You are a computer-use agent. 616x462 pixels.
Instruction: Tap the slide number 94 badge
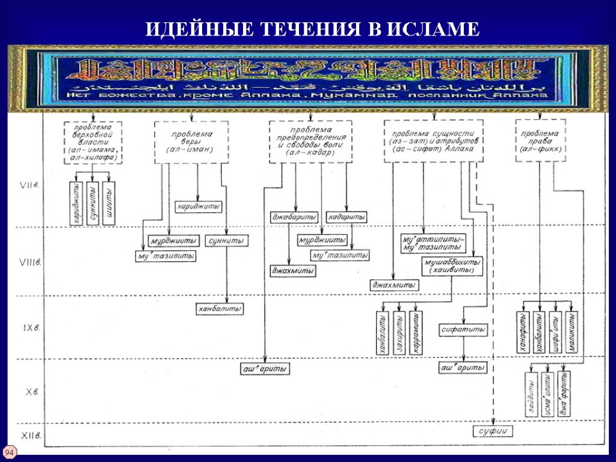10,452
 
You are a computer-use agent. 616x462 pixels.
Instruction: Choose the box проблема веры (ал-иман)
191,142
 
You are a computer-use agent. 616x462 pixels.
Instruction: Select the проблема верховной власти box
93,142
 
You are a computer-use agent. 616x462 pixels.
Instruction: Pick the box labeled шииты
109,203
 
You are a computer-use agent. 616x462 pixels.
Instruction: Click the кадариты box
347,217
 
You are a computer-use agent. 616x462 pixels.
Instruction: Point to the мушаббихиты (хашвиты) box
452,266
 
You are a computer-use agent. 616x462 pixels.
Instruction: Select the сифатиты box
463,330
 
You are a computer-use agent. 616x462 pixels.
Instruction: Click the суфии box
491,431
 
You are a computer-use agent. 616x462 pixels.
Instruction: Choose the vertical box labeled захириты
399,332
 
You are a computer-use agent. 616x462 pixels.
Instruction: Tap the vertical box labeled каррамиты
415,332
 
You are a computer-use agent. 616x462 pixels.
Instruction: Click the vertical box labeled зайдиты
531,393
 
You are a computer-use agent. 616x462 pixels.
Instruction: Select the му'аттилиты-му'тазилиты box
433,242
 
